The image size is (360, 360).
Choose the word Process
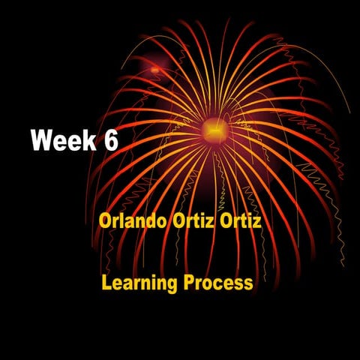[x=218, y=283]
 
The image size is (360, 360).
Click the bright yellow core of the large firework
[x=213, y=132]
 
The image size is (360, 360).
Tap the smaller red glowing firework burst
[x=155, y=70]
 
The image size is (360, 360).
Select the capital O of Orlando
[x=105, y=223]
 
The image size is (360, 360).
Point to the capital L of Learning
[x=106, y=283]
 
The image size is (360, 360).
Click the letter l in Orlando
[x=122, y=223]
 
